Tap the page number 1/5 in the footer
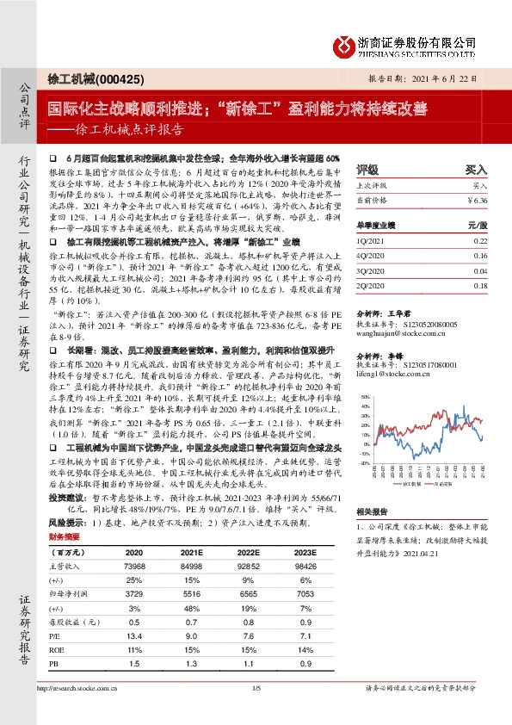pyautogui.click(x=256, y=712)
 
